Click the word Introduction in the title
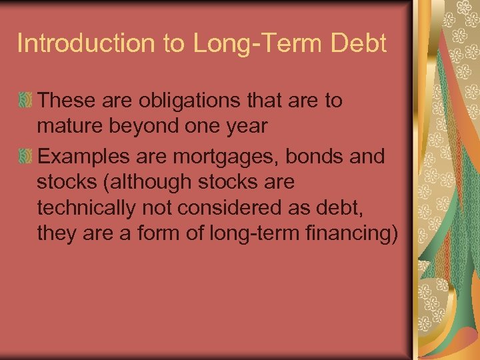point(86,43)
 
